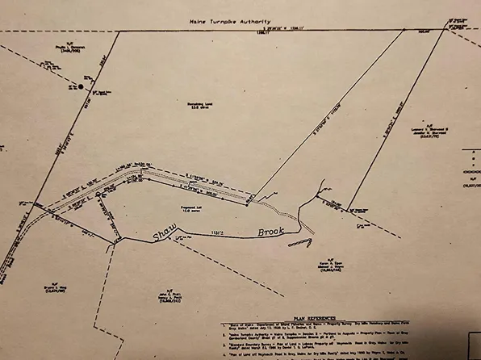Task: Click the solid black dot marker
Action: coord(82,86)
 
